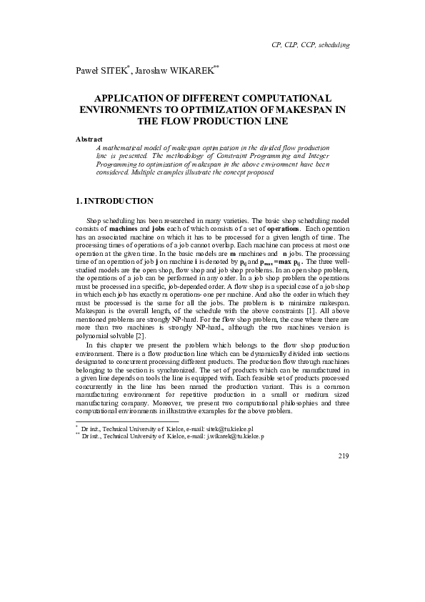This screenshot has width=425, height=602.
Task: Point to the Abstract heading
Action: click(x=89, y=138)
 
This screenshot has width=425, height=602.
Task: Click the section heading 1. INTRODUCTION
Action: click(x=114, y=201)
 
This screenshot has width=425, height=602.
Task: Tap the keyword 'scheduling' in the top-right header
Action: click(x=333, y=45)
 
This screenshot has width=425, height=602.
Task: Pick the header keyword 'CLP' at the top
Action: click(x=291, y=45)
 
